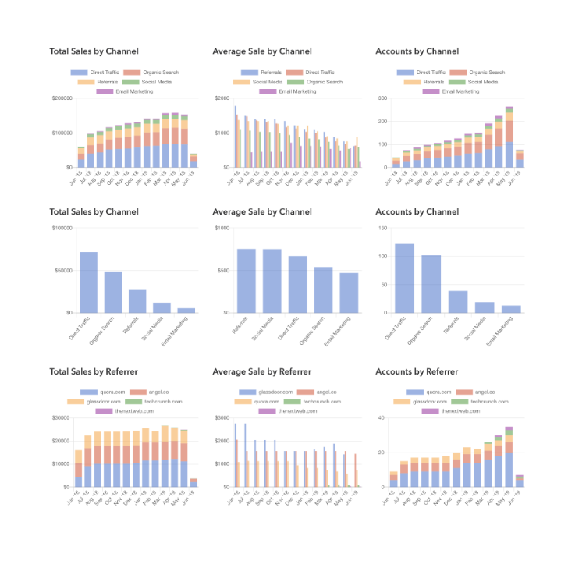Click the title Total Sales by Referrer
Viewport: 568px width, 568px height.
(x=94, y=371)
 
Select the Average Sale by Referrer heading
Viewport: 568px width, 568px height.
(x=261, y=371)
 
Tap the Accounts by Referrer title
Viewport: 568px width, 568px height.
(x=418, y=371)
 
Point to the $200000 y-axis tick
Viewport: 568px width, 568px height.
(x=61, y=98)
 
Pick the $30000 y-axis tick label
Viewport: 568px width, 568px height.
(x=62, y=418)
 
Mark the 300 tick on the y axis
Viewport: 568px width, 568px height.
(x=384, y=98)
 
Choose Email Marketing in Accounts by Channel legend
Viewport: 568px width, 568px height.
(x=460, y=91)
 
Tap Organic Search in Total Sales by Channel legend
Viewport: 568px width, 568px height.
(x=160, y=73)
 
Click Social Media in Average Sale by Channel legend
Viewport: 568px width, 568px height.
(x=267, y=82)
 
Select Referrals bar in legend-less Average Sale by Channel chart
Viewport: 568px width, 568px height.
(x=247, y=281)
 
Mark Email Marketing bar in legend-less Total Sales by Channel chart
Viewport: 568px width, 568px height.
(x=186, y=310)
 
